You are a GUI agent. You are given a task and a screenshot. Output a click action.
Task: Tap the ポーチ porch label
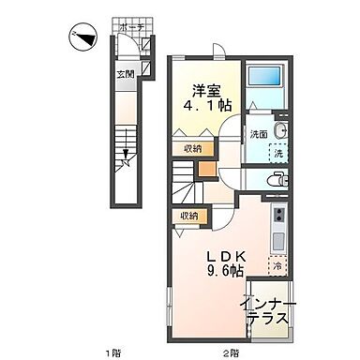coord(131,28)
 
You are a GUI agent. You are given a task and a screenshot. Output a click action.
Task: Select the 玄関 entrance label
coord(126,73)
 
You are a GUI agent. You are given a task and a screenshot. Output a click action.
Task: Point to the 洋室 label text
coord(208,91)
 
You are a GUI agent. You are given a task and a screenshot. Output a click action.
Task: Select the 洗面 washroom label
coord(258,134)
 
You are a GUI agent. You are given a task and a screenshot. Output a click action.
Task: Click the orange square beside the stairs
coord(206,172)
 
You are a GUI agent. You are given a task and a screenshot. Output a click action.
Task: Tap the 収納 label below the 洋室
coord(191,147)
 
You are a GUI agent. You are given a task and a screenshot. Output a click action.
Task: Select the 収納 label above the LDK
coord(190,216)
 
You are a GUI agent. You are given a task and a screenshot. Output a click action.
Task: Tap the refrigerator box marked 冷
coord(277,266)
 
